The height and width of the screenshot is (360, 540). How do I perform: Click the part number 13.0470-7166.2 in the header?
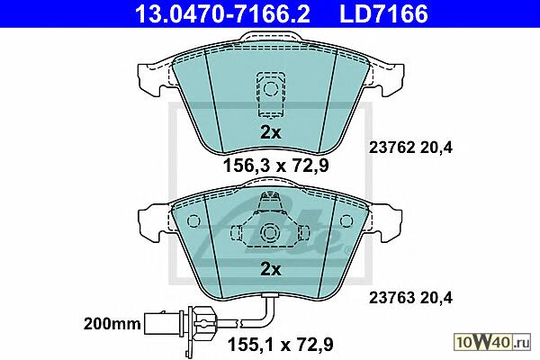click(x=222, y=13)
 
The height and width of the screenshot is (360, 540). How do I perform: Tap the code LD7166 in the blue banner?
click(x=383, y=13)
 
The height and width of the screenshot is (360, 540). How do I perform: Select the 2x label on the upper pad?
click(x=270, y=132)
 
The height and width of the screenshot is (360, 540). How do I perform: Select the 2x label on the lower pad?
click(x=270, y=269)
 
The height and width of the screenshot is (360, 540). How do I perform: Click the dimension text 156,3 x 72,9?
click(x=276, y=166)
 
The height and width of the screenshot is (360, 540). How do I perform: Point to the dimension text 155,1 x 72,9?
click(x=280, y=344)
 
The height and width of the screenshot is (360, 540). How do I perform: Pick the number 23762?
click(x=391, y=148)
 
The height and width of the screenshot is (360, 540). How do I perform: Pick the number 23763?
click(x=391, y=298)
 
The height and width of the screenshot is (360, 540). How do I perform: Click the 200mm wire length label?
click(x=112, y=324)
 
